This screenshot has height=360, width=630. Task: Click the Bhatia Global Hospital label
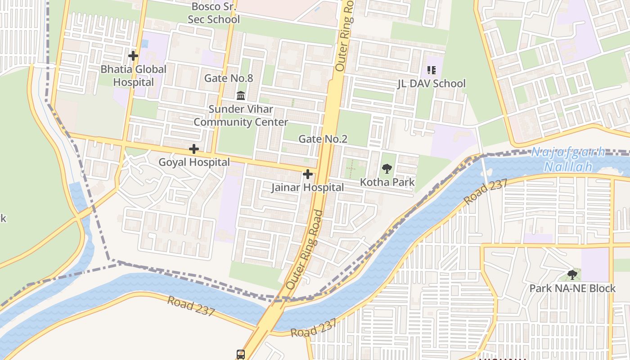coord(133,76)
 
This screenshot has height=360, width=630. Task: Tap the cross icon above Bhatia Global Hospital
coord(133,56)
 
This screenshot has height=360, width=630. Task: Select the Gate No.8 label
coord(229,78)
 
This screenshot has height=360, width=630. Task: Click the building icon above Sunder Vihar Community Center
coord(241,95)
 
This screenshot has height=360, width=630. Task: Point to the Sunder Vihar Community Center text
coord(241,116)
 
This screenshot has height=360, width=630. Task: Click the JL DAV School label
coord(431,84)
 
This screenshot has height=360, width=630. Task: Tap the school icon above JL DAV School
coord(431,70)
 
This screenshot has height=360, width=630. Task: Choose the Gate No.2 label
coord(323,139)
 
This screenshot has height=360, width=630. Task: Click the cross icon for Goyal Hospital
coord(194,149)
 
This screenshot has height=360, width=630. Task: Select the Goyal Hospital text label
coord(194,162)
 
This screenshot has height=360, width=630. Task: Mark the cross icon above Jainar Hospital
coord(308,174)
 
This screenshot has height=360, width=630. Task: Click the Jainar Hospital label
coord(307,188)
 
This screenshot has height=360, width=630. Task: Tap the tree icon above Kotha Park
coord(387,169)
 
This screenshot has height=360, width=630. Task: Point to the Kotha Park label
coord(387,182)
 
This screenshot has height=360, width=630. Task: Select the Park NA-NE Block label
coord(572,288)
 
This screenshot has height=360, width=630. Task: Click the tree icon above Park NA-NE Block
coord(572,274)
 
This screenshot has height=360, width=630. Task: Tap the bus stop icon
coord(241,354)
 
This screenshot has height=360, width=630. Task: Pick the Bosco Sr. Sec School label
coord(214,13)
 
